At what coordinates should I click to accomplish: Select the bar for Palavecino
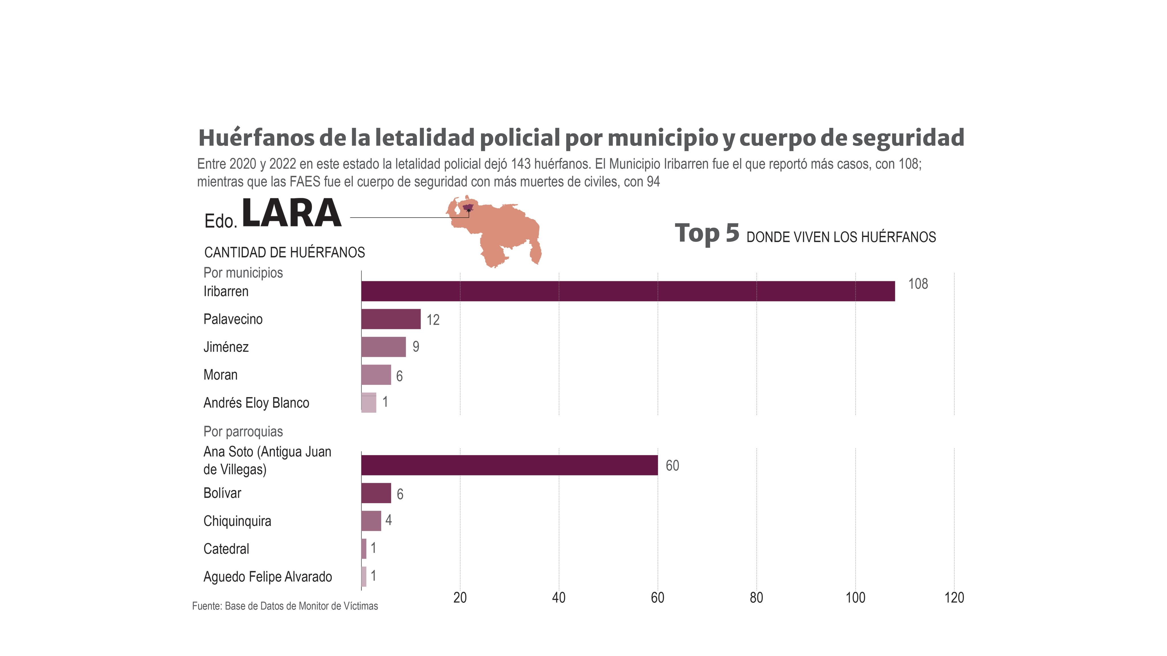pyautogui.click(x=391, y=319)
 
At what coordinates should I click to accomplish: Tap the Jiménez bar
pyautogui.click(x=383, y=347)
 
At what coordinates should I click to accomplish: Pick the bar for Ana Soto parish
pyautogui.click(x=509, y=465)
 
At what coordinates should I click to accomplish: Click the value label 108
pyautogui.click(x=918, y=284)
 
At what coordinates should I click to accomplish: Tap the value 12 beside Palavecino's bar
pyautogui.click(x=433, y=320)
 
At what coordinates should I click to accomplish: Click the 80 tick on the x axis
pyautogui.click(x=756, y=598)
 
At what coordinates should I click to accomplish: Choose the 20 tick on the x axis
pyautogui.click(x=460, y=598)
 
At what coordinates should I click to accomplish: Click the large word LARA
pyautogui.click(x=291, y=213)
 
